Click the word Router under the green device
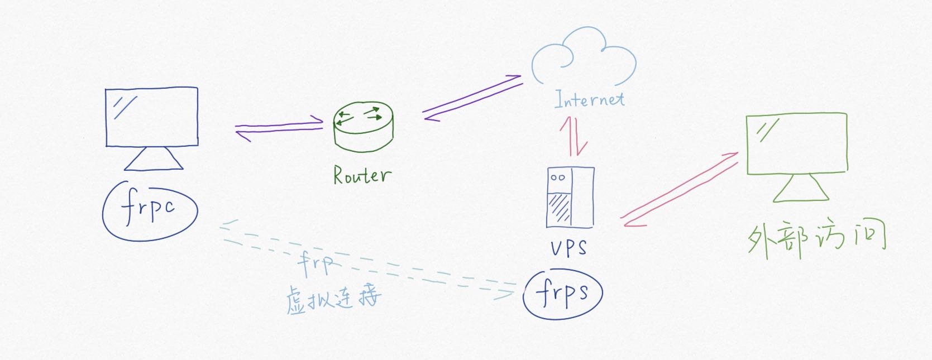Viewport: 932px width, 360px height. (x=362, y=175)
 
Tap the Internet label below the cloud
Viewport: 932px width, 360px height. (x=589, y=100)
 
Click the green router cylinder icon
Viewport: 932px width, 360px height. (x=363, y=127)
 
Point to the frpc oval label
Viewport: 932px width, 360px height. (x=150, y=210)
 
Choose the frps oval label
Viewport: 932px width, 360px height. (x=563, y=294)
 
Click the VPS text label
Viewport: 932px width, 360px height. (x=568, y=247)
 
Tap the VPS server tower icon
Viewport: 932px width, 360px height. (x=570, y=198)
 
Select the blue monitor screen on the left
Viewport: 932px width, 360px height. (x=152, y=117)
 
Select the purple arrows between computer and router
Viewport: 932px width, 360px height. (x=279, y=128)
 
